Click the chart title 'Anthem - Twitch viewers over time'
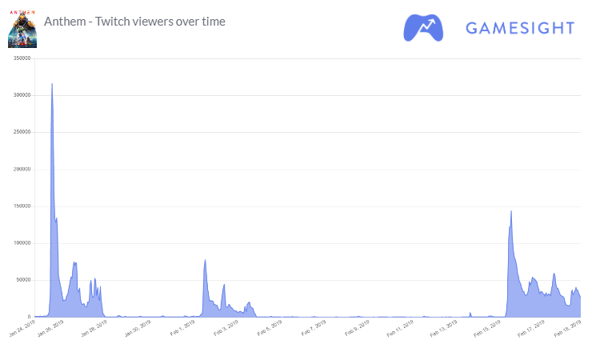tap(135, 21)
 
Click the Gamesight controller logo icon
tap(425, 27)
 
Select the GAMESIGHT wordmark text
tap(520, 28)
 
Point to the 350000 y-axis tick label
tap(18, 58)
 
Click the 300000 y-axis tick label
tap(18, 95)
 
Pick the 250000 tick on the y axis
tap(18, 132)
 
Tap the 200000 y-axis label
tap(18, 169)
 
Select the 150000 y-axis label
tap(18, 206)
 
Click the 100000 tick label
tap(18, 243)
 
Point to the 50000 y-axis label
tap(20, 280)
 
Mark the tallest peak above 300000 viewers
tap(52, 84)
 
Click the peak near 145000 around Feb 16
tap(511, 212)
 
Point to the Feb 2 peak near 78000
tap(206, 261)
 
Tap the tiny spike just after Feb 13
tap(470, 313)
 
